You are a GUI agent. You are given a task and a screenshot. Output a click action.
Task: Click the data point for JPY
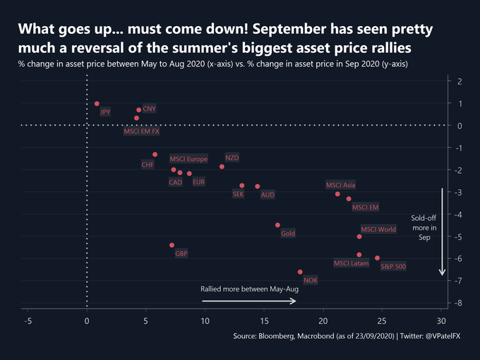[x=97, y=104]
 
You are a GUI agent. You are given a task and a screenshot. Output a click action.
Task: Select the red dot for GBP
[x=172, y=245]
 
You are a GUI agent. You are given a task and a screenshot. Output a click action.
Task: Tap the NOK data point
[x=300, y=272]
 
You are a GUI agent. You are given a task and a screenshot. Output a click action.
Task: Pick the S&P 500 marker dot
[x=377, y=258]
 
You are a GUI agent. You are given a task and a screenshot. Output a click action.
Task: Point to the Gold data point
[x=277, y=225]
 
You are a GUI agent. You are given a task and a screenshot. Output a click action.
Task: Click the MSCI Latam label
[x=351, y=263]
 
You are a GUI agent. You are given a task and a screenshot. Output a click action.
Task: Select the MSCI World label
[x=378, y=229]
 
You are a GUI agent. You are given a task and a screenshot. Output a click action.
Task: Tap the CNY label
[x=150, y=109]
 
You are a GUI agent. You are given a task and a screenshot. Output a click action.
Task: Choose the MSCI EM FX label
[x=141, y=131]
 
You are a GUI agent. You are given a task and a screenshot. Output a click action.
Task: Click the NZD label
[x=232, y=157]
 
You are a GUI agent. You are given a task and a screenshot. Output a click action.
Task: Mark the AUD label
[x=268, y=194]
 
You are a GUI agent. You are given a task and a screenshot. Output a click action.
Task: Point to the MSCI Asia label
[x=340, y=185]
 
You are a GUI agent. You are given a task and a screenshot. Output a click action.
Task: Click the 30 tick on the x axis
[x=441, y=320]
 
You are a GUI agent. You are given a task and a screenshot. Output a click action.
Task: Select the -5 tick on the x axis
[x=28, y=320]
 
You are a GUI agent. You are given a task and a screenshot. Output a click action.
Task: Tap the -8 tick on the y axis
[x=459, y=303]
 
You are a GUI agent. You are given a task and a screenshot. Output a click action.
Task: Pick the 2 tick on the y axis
[x=459, y=81]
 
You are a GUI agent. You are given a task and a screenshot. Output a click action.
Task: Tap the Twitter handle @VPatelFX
[x=441, y=337]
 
